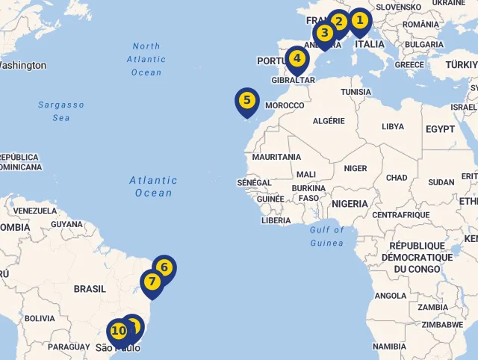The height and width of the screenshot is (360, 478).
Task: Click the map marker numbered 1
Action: tap(359, 20)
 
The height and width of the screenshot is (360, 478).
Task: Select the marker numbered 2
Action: tap(338, 22)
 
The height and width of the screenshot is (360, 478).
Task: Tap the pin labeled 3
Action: tap(324, 33)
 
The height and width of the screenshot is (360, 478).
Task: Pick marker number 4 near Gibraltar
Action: tap(297, 58)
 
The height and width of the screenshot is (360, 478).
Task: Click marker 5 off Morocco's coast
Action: tap(246, 100)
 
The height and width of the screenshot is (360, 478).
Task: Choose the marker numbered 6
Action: tap(164, 267)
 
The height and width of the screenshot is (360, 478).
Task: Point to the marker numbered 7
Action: tap(152, 282)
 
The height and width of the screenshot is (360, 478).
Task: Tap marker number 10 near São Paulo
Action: tap(118, 331)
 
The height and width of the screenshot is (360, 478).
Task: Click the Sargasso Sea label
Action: tap(61, 111)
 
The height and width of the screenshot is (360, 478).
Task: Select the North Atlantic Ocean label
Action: tap(146, 59)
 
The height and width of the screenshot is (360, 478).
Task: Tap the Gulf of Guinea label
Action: tap(327, 236)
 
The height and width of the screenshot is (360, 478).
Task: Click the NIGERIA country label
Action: tap(350, 204)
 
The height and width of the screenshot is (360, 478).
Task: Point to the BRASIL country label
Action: tap(90, 289)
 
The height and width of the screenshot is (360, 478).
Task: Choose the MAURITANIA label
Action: tap(276, 158)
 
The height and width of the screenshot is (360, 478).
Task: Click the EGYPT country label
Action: tap(440, 129)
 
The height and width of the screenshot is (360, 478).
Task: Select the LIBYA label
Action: tap(392, 127)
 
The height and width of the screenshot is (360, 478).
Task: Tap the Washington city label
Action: tap(22, 66)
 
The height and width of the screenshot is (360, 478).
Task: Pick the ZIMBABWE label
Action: tap(443, 325)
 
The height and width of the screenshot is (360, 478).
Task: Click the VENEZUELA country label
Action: tap(35, 211)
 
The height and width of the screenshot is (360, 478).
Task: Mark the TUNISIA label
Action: tap(356, 92)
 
